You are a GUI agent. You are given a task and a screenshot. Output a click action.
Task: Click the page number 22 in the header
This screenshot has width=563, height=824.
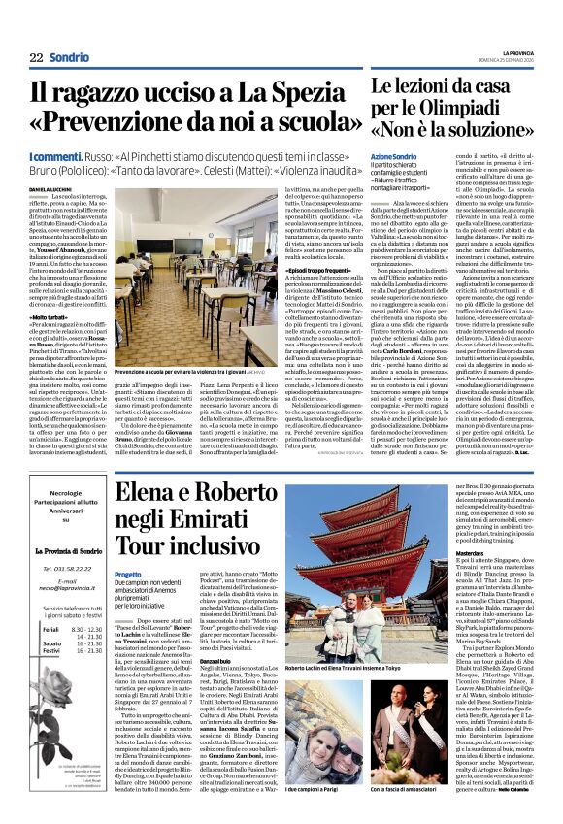tap(37, 58)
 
